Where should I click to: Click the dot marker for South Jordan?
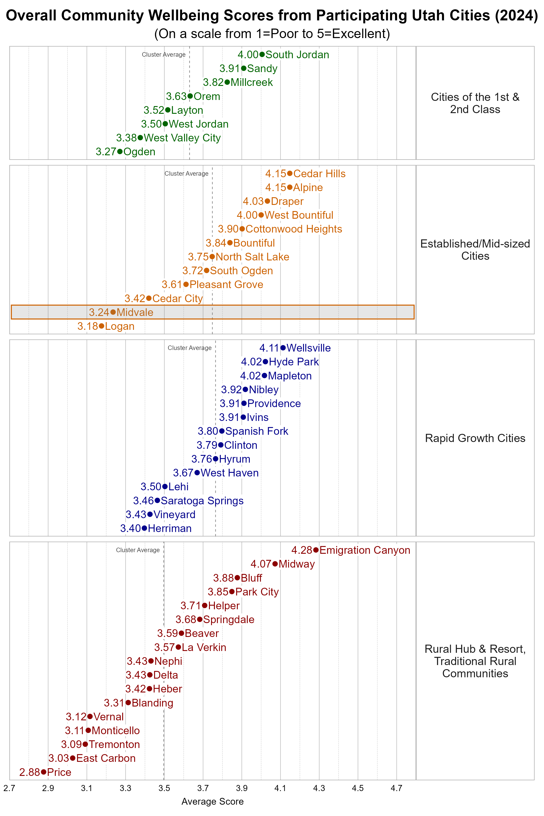(x=262, y=54)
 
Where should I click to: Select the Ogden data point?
(x=120, y=152)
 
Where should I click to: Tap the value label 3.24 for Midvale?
(x=99, y=312)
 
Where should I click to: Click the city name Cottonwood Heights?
(x=294, y=229)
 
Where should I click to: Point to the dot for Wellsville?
(x=283, y=348)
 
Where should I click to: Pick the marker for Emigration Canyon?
(x=316, y=550)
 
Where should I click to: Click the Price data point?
(x=43, y=772)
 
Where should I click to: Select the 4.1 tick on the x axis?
(x=280, y=788)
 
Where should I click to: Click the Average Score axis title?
(x=212, y=801)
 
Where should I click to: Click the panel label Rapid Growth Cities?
(x=475, y=438)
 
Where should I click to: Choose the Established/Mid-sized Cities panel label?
(x=475, y=250)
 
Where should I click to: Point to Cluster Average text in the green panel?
(x=164, y=54)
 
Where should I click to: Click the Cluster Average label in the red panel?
(x=138, y=550)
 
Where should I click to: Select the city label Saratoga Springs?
(x=202, y=501)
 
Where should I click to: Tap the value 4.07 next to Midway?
(x=260, y=564)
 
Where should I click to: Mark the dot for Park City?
(x=232, y=592)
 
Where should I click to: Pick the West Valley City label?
(x=182, y=138)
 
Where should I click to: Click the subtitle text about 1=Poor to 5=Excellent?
(x=272, y=34)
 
